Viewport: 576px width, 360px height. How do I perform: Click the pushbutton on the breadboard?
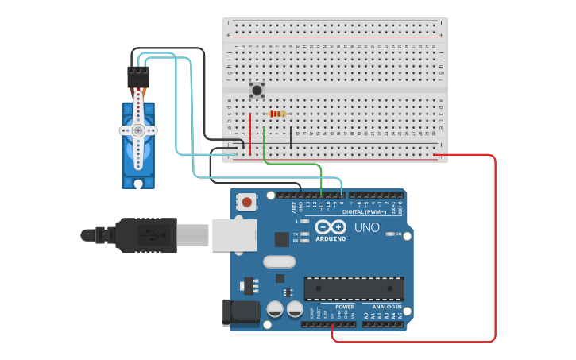click(257, 90)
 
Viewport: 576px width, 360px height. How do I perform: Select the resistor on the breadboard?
click(277, 114)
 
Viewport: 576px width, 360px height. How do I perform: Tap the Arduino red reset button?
click(247, 202)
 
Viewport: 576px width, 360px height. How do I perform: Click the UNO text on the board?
click(366, 227)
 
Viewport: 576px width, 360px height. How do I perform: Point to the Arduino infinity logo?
click(331, 226)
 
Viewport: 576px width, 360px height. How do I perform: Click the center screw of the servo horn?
click(138, 130)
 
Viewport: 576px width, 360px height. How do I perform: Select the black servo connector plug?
click(138, 77)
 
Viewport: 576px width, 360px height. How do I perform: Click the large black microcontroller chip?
click(354, 288)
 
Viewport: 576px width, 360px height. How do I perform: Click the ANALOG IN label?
click(382, 306)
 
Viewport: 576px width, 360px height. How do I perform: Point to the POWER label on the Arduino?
click(345, 306)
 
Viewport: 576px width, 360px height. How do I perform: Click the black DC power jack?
click(241, 312)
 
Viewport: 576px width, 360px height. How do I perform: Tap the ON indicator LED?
click(389, 234)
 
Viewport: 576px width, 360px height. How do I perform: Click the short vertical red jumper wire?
click(250, 134)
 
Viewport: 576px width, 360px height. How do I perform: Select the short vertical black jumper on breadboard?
click(290, 137)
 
